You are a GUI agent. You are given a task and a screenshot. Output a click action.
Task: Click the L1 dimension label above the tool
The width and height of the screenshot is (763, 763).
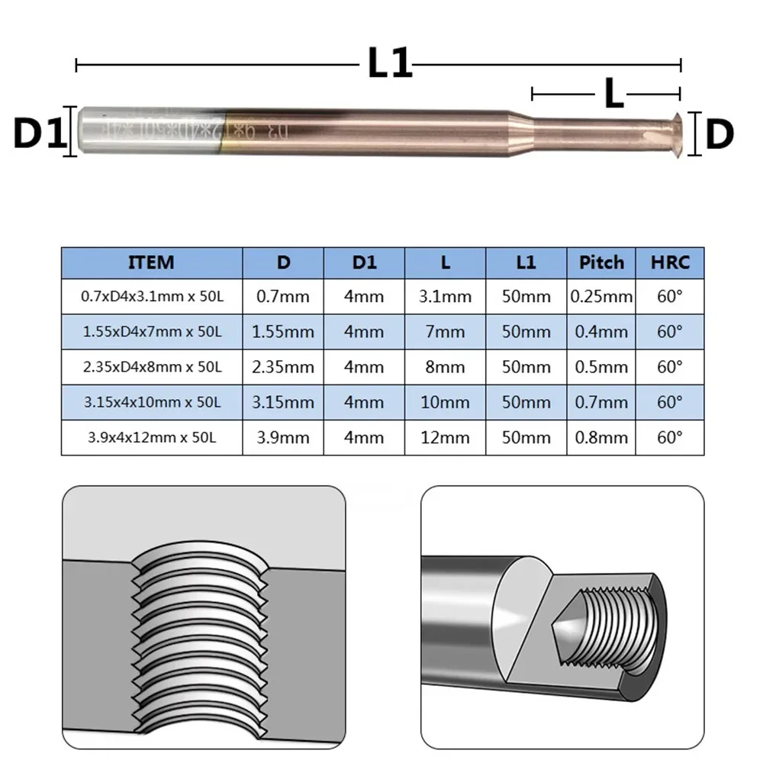click(x=390, y=64)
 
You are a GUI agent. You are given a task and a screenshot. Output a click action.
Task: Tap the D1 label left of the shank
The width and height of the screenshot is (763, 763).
click(x=36, y=134)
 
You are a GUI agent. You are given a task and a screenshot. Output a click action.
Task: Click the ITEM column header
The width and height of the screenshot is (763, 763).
click(x=152, y=262)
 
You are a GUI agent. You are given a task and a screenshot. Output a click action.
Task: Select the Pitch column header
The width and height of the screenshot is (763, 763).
click(x=600, y=262)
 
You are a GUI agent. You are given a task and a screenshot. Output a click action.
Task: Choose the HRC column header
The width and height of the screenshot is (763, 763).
click(x=671, y=262)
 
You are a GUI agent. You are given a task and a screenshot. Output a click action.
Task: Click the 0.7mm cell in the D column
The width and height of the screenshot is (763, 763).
click(x=283, y=296)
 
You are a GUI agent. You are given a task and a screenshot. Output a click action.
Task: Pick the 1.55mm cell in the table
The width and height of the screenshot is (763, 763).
click(x=283, y=332)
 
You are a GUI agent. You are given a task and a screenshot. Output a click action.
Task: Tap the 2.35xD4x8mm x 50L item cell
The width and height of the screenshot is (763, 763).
click(x=152, y=367)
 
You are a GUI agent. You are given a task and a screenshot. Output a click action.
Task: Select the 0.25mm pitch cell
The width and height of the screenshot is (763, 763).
click(x=600, y=296)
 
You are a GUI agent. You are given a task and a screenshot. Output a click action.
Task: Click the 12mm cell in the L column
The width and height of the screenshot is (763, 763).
click(x=446, y=437)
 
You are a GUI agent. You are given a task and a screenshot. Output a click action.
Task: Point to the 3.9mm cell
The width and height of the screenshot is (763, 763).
click(x=283, y=437)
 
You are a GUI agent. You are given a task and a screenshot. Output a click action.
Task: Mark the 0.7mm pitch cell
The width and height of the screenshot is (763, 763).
click(x=600, y=402)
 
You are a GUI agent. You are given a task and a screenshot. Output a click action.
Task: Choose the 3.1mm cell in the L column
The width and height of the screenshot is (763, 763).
click(x=446, y=296)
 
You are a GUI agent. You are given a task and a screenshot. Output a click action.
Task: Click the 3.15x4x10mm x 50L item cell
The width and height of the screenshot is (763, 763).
click(x=152, y=402)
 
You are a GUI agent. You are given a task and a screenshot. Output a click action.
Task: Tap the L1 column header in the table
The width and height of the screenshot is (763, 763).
click(x=526, y=262)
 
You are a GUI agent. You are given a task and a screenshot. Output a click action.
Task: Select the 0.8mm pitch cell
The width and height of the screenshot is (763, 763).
click(x=600, y=437)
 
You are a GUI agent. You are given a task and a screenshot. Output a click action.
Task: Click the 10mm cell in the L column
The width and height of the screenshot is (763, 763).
click(x=446, y=402)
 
